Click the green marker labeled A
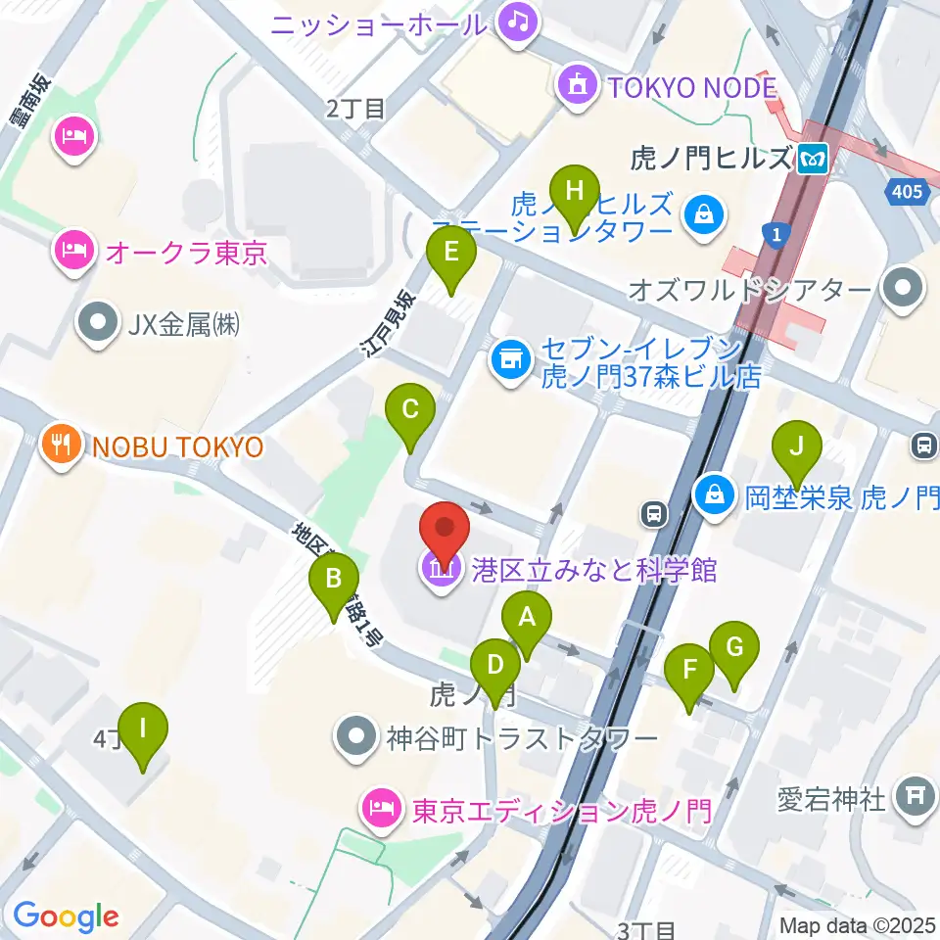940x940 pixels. [x=527, y=619]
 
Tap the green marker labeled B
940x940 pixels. [x=334, y=580]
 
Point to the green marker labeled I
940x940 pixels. [x=144, y=730]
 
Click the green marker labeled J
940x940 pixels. [x=797, y=448]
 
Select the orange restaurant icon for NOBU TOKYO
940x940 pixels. [x=62, y=446]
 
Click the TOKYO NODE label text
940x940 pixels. [x=692, y=88]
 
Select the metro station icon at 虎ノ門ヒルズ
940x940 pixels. [x=812, y=157]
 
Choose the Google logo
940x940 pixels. [x=66, y=916]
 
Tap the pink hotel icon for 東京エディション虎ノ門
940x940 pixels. [x=380, y=810]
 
